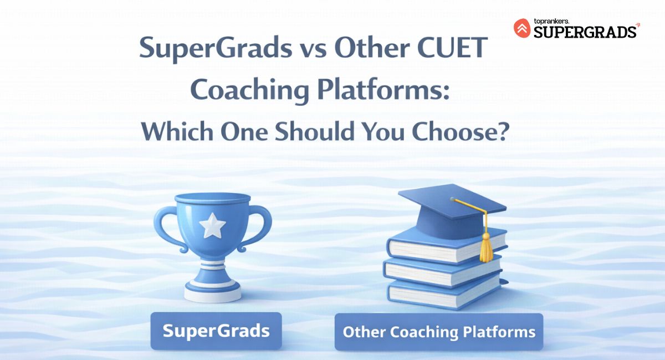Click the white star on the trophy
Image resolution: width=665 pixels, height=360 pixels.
click(213, 224)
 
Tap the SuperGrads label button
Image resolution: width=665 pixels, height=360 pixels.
click(216, 331)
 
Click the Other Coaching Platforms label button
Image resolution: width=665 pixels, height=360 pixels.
click(439, 332)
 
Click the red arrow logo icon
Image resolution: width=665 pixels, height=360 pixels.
click(522, 28)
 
